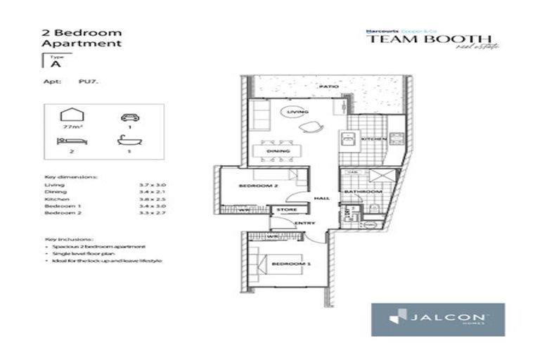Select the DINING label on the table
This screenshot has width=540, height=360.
(274, 151)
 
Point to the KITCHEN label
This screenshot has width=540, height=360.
(371, 139)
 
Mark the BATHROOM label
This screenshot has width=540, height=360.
(363, 191)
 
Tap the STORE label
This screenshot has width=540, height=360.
(286, 210)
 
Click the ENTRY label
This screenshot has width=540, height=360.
(304, 224)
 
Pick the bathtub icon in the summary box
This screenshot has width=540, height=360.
(127, 140)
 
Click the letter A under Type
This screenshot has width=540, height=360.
(54, 63)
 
